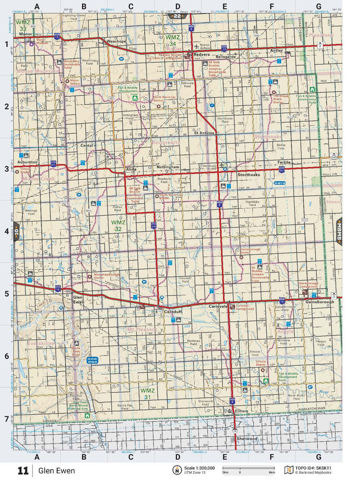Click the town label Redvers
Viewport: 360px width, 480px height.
201,55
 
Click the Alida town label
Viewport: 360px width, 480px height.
131,169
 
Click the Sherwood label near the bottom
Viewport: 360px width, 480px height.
247,438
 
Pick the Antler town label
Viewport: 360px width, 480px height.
276,50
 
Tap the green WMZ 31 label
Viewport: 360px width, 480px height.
147,393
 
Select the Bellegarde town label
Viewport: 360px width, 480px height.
226,57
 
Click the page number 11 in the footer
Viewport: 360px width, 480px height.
23,470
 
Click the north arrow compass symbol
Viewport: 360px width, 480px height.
176,470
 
